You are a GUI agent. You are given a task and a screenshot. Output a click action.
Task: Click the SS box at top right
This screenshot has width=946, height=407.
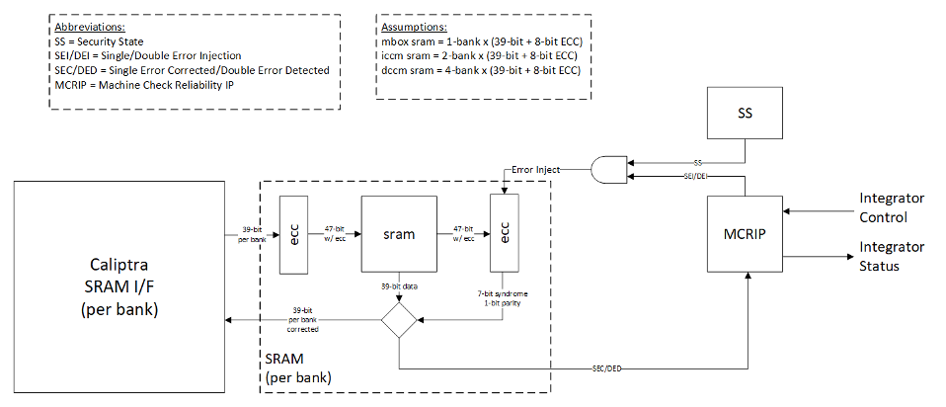point(747,115)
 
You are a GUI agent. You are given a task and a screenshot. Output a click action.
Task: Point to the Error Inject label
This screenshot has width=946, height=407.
point(534,170)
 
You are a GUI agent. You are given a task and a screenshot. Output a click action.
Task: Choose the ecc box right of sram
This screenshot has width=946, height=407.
point(505,236)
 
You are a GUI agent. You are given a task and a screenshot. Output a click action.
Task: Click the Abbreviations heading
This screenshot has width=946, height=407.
point(89,28)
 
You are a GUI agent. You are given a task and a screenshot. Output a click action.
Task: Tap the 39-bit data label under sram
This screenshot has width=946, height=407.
point(400,285)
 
